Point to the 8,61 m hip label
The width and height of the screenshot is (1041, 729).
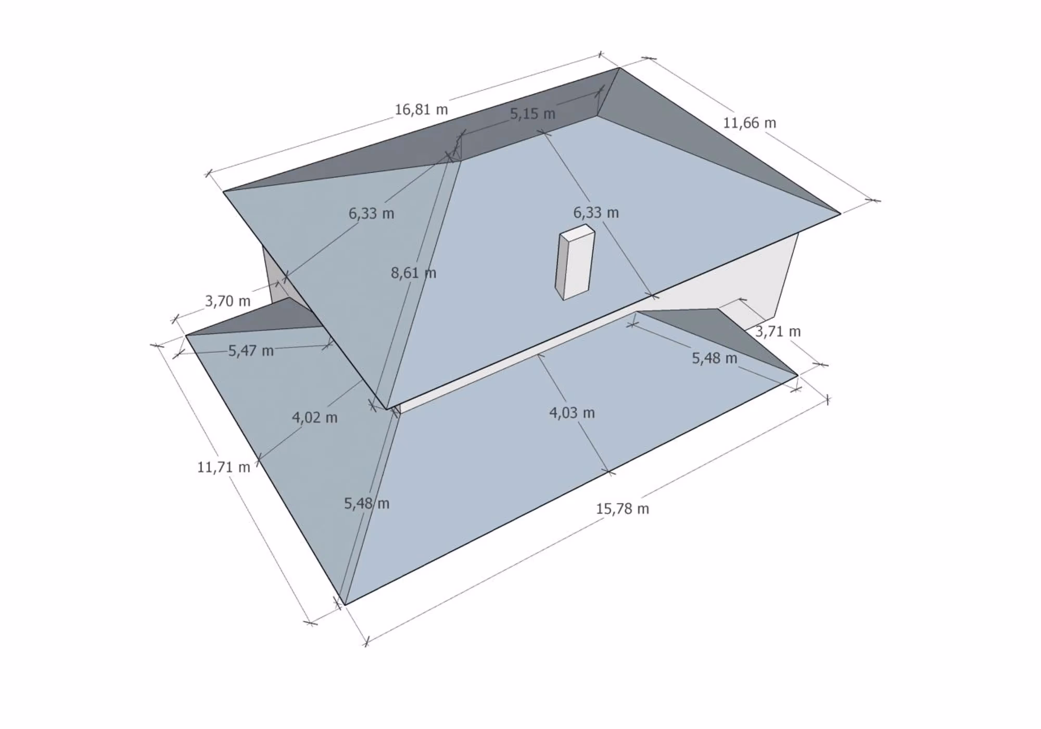coord(414,273)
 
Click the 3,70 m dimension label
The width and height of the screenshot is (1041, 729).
coord(228,301)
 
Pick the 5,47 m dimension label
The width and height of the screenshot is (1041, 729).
coord(251,351)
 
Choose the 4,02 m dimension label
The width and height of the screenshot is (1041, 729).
coord(315,417)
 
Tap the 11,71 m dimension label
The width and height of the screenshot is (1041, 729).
coord(224,467)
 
